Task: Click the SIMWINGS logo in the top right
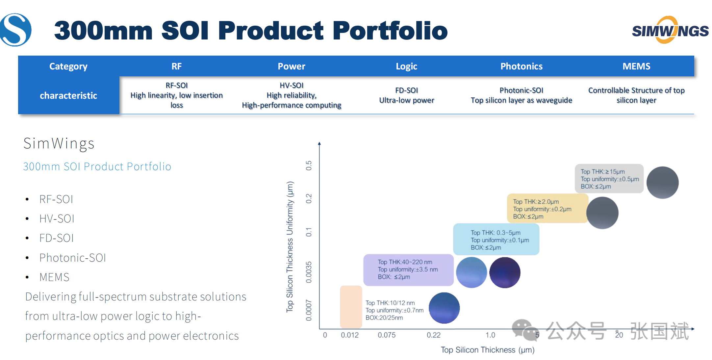click(x=670, y=30)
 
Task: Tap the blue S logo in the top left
click(x=15, y=30)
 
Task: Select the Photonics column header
click(x=521, y=66)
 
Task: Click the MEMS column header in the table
click(x=636, y=66)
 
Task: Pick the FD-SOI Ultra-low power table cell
click(x=407, y=95)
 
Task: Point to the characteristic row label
click(x=68, y=95)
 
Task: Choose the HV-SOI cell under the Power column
click(x=292, y=95)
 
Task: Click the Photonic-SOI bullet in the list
click(x=73, y=258)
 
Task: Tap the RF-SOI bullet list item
click(x=56, y=199)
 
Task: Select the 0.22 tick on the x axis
click(x=434, y=335)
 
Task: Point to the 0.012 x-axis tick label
click(x=350, y=335)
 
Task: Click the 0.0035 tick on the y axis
click(x=309, y=272)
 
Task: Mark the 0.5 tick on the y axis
click(x=309, y=166)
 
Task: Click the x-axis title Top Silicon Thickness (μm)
click(x=488, y=350)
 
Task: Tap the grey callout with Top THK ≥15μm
click(x=609, y=179)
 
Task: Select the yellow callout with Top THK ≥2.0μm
click(x=547, y=209)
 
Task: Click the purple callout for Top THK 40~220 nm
click(x=408, y=270)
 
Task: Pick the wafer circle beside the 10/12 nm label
click(x=444, y=308)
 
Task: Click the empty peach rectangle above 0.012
click(x=351, y=307)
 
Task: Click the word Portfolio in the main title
click(x=390, y=30)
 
